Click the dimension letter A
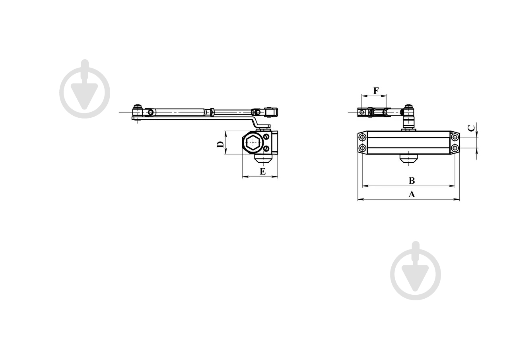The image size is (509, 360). pyautogui.click(x=412, y=194)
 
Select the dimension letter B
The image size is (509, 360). pyautogui.click(x=412, y=181)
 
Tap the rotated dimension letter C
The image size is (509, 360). pyautogui.click(x=472, y=128)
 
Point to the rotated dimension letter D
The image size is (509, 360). pyautogui.click(x=220, y=144)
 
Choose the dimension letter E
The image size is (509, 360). pyautogui.click(x=263, y=171)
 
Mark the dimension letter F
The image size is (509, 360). pyautogui.click(x=376, y=91)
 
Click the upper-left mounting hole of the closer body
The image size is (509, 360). pyautogui.click(x=362, y=137)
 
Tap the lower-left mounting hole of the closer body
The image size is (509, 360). pyautogui.click(x=362, y=148)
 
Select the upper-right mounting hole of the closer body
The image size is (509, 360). pyautogui.click(x=455, y=137)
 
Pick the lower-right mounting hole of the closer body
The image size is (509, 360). pyautogui.click(x=455, y=148)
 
